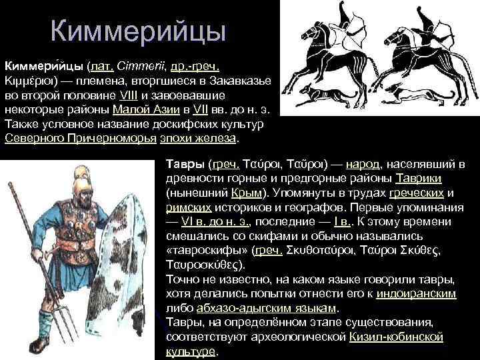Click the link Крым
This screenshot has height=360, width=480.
[x=245, y=193]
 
